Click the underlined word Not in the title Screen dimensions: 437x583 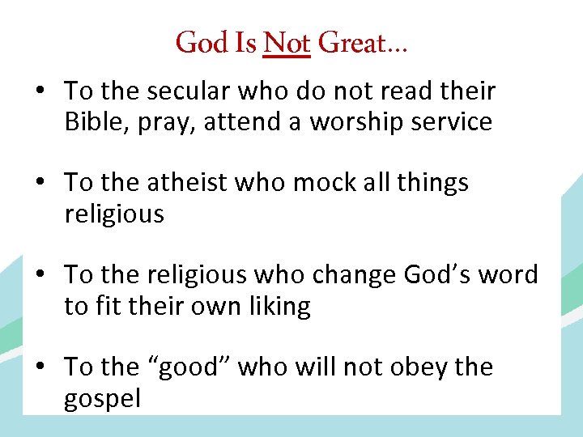point(287,42)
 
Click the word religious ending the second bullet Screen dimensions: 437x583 point(114,214)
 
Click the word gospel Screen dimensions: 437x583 point(103,399)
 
